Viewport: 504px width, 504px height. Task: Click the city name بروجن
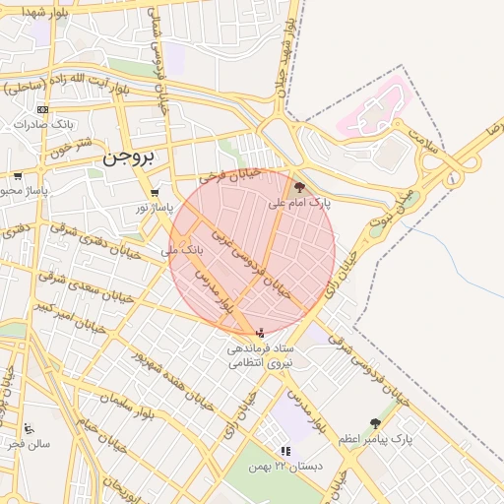tap(129, 156)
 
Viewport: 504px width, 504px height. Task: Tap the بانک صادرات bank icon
tap(42, 109)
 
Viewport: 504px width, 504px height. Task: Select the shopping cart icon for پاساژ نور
tap(154, 193)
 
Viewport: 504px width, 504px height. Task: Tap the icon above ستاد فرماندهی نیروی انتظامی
tap(260, 334)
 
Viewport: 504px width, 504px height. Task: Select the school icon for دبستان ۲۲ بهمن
tap(285, 451)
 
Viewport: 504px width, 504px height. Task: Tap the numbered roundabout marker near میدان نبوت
tap(452, 178)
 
